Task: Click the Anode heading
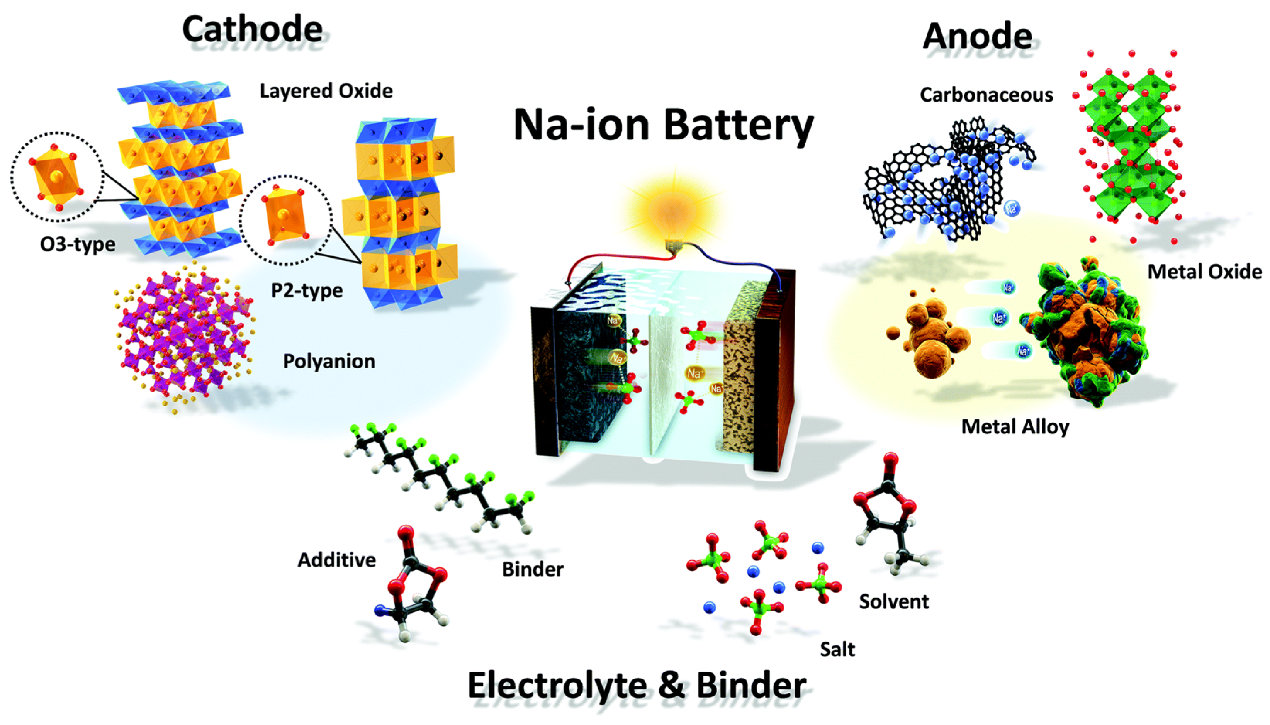tap(977, 36)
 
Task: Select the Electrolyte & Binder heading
tap(637, 685)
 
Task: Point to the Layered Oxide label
tap(326, 91)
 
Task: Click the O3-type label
tap(78, 244)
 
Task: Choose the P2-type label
tap(307, 290)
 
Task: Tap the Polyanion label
tap(329, 361)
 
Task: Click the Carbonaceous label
tap(986, 95)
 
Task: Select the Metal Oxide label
tap(1204, 272)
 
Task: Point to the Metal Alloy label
tap(1015, 427)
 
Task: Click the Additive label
tap(336, 560)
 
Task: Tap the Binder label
tap(533, 569)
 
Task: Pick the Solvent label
tap(894, 601)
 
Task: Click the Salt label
tap(837, 649)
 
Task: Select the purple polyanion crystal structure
tap(184, 339)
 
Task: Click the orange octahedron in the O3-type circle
tap(56, 177)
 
